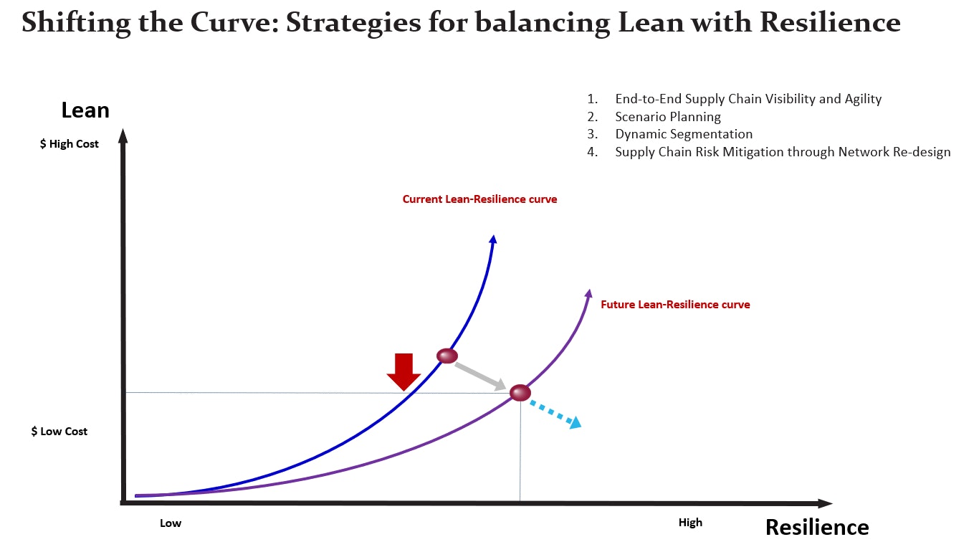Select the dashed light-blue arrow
point(555,414)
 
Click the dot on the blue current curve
point(447,356)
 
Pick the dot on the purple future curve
point(520,393)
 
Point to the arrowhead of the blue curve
point(493,239)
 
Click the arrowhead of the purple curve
point(588,293)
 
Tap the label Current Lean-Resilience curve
point(479,199)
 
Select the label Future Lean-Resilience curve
point(675,305)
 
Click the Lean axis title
point(85,110)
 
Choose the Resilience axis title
point(816,527)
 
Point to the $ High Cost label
point(70,144)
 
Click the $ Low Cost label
point(59,432)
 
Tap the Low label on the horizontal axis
point(171,523)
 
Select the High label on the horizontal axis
point(690,523)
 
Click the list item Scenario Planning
point(668,117)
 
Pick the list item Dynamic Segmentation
point(684,134)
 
